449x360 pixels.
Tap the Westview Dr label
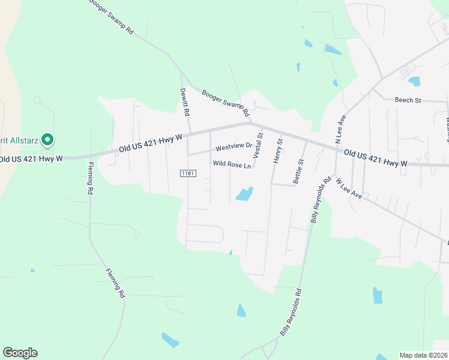pyautogui.click(x=234, y=147)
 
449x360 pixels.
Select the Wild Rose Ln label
pyautogui.click(x=231, y=164)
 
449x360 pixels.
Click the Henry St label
pyautogui.click(x=277, y=149)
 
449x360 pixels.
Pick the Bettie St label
pyautogui.click(x=298, y=170)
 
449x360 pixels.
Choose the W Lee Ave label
pyautogui.click(x=348, y=188)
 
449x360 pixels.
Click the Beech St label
pyautogui.click(x=408, y=100)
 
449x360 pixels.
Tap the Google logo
pyautogui.click(x=20, y=353)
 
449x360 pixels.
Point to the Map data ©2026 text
pyautogui.click(x=423, y=355)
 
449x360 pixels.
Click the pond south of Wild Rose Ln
pyautogui.click(x=244, y=194)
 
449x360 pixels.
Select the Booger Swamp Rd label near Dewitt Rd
pyautogui.click(x=225, y=103)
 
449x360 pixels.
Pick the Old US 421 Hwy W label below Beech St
pyautogui.click(x=376, y=158)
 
